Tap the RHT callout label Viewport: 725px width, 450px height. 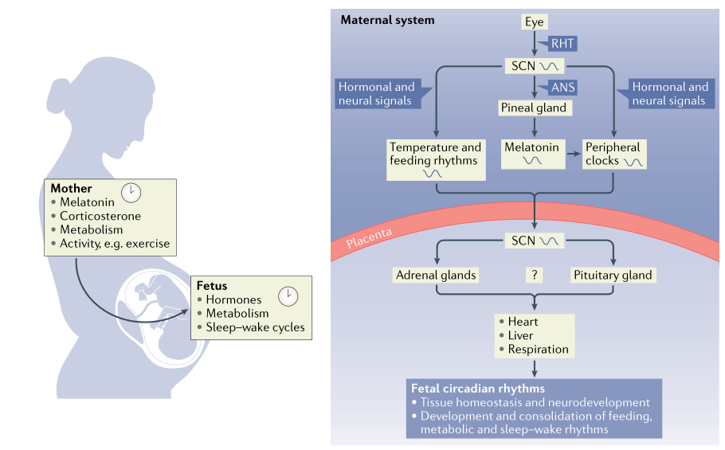pos(562,44)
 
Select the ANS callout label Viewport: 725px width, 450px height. pos(562,87)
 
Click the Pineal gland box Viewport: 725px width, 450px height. pos(533,108)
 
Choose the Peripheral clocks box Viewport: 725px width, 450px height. pos(613,154)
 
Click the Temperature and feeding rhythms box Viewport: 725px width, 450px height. pos(435,154)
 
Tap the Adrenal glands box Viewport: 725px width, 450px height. pos(436,276)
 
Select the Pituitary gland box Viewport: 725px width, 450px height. pos(613,276)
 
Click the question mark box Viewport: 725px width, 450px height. pos(534,276)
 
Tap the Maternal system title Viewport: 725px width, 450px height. pos(387,19)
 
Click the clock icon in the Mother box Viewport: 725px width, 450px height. pos(131,192)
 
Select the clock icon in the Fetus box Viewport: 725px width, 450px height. pos(288,295)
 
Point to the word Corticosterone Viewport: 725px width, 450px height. pos(100,216)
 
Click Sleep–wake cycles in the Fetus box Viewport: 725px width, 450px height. pos(255,327)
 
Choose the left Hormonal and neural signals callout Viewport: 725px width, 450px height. pos(376,94)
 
